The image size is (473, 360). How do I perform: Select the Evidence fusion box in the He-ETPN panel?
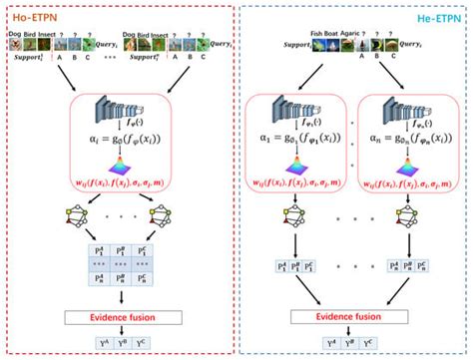357,316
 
